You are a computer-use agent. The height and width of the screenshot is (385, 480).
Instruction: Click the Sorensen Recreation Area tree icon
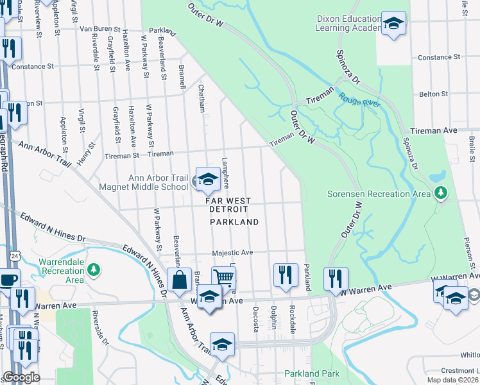pyautogui.click(x=440, y=193)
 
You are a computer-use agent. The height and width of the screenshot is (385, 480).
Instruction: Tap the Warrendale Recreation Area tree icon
pyautogui.click(x=94, y=269)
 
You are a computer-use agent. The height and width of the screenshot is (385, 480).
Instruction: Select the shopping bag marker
pyautogui.click(x=179, y=280)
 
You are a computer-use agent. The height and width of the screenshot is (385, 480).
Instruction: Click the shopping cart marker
pyautogui.click(x=223, y=278)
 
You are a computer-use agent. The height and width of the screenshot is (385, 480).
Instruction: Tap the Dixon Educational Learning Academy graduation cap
pyautogui.click(x=394, y=24)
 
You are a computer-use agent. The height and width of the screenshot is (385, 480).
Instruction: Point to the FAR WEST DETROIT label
pyautogui.click(x=227, y=205)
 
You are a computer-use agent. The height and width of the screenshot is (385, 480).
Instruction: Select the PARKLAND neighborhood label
pyautogui.click(x=234, y=222)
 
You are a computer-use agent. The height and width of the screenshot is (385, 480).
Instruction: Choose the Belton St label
pyautogui.click(x=433, y=94)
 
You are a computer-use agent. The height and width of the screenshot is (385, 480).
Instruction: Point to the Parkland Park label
pyautogui.click(x=311, y=373)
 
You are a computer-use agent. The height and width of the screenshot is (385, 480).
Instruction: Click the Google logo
pyautogui.click(x=21, y=377)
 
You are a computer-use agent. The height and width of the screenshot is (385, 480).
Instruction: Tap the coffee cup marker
pyautogui.click(x=8, y=280)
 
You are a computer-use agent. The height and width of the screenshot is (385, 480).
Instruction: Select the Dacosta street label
pyautogui.click(x=255, y=317)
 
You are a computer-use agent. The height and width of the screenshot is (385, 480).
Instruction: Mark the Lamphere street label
pyautogui.click(x=225, y=173)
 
